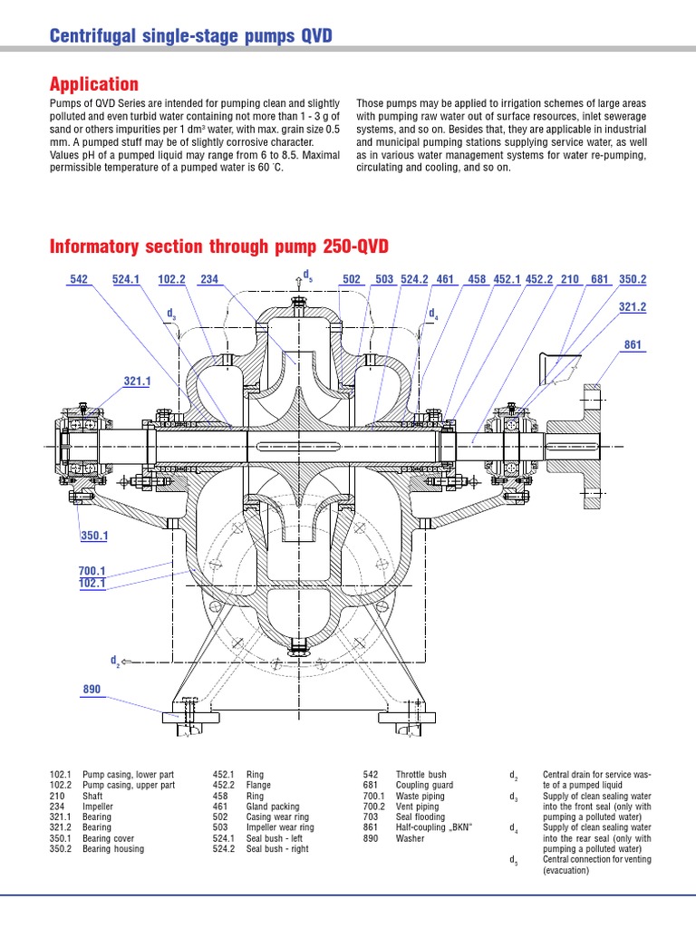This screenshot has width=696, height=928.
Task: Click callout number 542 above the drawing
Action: [x=78, y=279]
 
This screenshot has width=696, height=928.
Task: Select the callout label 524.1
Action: [x=127, y=279]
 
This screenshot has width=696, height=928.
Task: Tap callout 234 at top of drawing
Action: [x=209, y=279]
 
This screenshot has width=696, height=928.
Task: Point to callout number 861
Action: [x=633, y=344]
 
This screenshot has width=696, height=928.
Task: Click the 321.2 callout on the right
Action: [x=633, y=308]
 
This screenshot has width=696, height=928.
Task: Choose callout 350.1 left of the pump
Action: [x=93, y=536]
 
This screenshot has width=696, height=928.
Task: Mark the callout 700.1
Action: [x=92, y=572]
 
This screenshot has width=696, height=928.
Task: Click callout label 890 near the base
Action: [x=92, y=690]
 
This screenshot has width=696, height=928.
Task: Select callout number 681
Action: [x=599, y=279]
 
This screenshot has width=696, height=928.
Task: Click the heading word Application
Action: [x=93, y=84]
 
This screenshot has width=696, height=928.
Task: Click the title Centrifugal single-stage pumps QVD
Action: [x=190, y=35]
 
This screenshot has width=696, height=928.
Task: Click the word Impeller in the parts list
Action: [x=98, y=804]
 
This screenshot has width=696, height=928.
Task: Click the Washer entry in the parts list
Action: [x=410, y=839]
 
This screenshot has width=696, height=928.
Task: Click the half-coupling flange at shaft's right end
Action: [x=590, y=446]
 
